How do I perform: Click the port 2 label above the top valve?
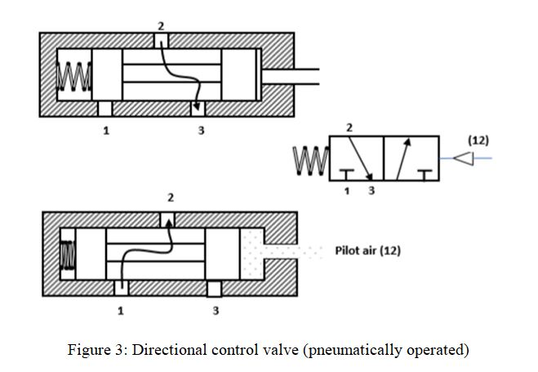[x=161, y=26]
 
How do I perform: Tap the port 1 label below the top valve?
[x=106, y=131]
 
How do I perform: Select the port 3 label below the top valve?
[x=202, y=131]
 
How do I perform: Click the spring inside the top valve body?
[x=74, y=76]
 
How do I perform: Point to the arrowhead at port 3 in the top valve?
[x=196, y=106]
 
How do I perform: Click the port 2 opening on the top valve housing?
[x=161, y=41]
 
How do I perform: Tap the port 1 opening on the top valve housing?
[x=105, y=109]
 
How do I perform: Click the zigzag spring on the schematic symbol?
[x=311, y=160]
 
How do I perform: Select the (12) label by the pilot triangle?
[x=478, y=141]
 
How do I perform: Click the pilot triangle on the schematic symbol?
[x=464, y=159]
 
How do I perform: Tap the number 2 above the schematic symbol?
[x=349, y=128]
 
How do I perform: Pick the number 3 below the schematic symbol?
[x=371, y=190]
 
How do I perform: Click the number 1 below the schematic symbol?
[x=347, y=191]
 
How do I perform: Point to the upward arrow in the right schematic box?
[x=403, y=159]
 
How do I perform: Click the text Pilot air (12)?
[x=368, y=250]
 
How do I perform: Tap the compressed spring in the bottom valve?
[x=68, y=255]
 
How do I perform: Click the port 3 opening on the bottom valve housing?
[x=215, y=289]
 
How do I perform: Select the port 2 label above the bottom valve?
[x=171, y=198]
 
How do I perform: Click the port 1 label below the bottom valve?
[x=121, y=311]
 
